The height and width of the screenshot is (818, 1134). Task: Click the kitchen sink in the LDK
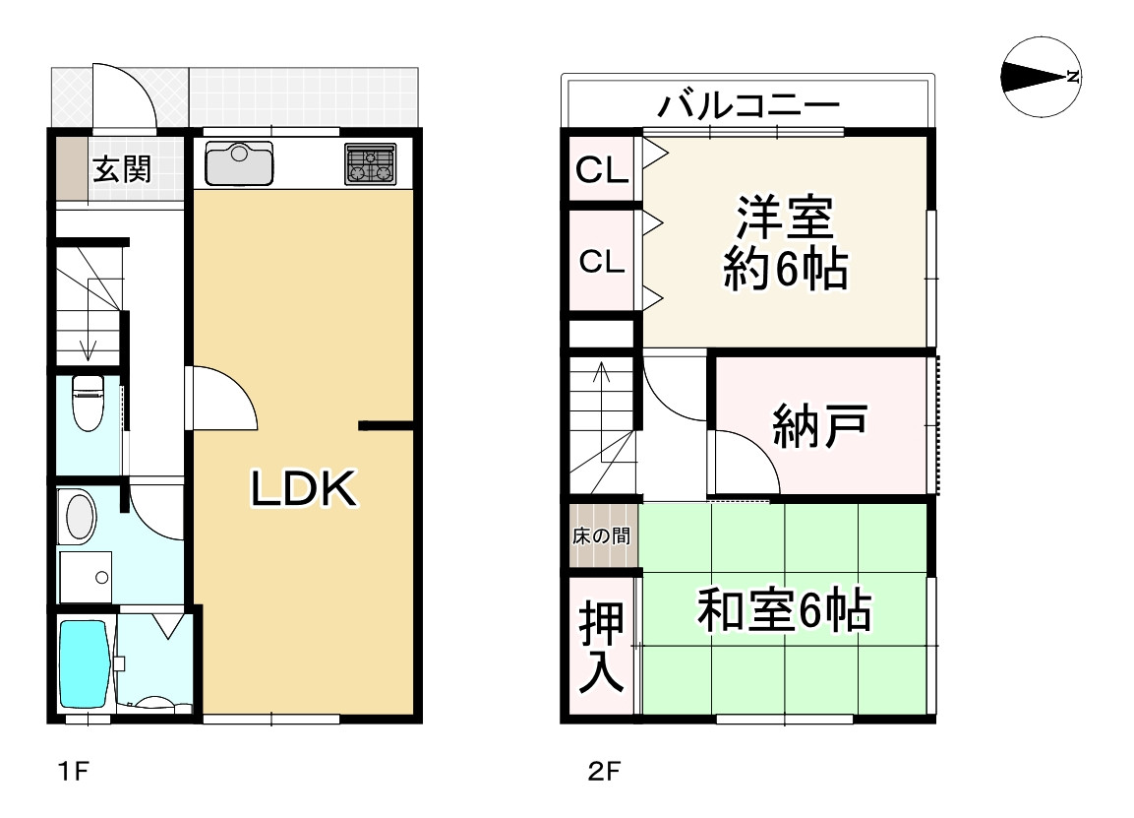tap(239, 163)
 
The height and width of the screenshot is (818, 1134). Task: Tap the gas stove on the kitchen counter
tap(371, 163)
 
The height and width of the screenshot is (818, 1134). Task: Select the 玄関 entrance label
tap(122, 169)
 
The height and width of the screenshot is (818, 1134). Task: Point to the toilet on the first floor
tap(88, 403)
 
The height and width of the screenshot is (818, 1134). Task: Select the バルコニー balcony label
tap(749, 103)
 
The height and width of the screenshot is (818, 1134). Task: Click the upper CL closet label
tap(602, 172)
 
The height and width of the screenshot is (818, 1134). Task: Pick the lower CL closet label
tap(602, 262)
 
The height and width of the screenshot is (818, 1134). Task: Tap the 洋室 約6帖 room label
tap(785, 242)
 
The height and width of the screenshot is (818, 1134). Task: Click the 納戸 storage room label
tap(819, 427)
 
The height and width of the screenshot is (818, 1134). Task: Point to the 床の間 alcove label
tap(602, 537)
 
